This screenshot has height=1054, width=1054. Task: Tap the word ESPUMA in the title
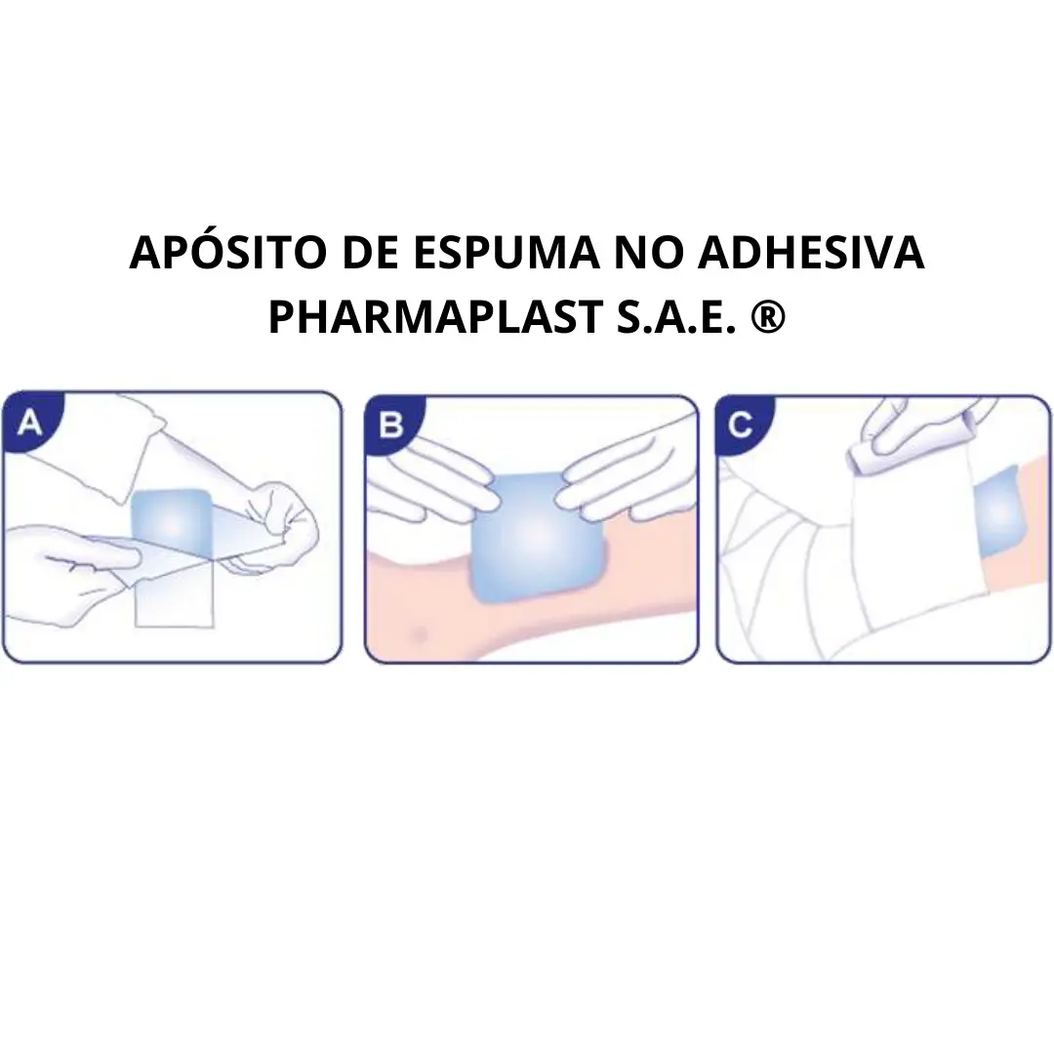(506, 253)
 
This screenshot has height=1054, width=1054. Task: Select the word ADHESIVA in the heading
(811, 253)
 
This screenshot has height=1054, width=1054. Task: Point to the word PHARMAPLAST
(435, 317)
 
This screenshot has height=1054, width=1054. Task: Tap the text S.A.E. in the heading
(676, 317)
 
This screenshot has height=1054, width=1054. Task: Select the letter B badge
(391, 425)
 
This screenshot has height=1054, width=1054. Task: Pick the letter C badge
(741, 425)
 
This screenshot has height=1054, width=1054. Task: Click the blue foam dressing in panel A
(171, 523)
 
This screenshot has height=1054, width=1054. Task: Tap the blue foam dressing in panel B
(535, 538)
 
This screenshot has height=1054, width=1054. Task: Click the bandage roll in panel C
(908, 450)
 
